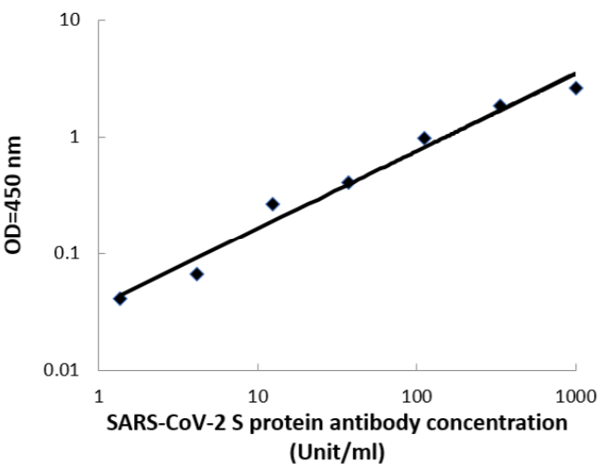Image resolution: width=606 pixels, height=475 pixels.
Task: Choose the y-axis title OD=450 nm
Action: click(18, 196)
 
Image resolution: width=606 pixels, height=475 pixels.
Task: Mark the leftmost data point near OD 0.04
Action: click(119, 298)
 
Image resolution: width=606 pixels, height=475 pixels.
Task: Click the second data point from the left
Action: click(196, 274)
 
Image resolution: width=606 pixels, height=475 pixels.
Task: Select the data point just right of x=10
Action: click(273, 204)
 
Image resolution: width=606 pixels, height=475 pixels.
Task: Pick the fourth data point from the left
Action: click(348, 182)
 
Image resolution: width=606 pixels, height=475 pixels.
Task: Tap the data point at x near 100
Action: click(424, 138)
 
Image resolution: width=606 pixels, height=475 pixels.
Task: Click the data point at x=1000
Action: click(576, 87)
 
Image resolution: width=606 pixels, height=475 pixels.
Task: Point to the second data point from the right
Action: click(500, 106)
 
